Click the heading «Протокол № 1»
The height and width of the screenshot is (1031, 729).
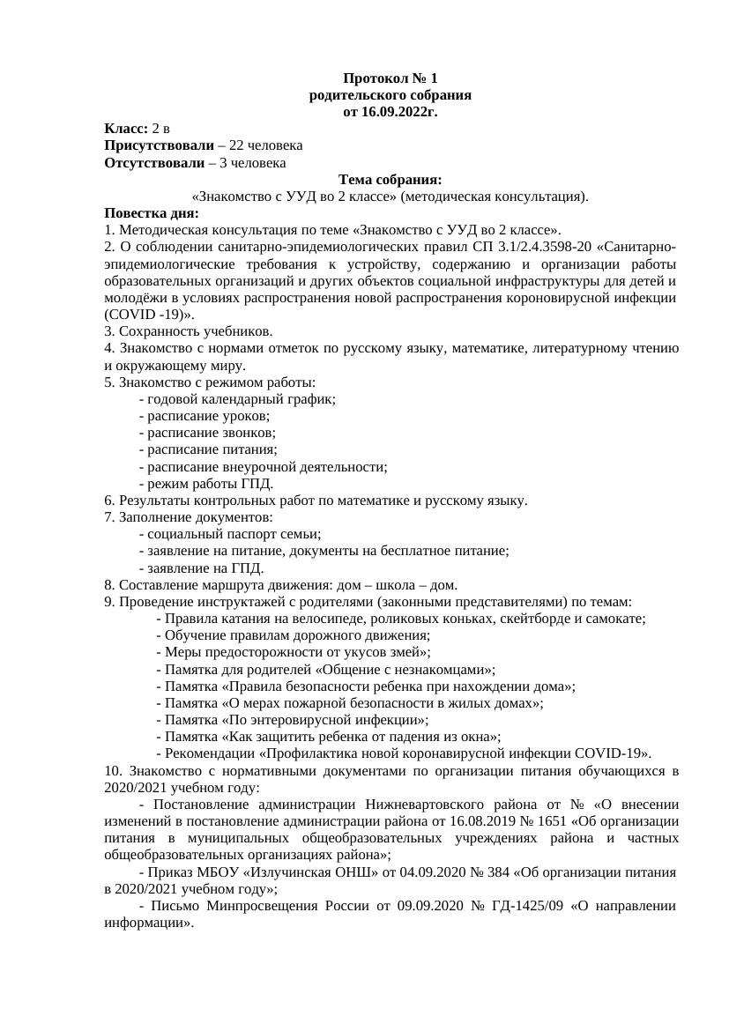tap(391, 79)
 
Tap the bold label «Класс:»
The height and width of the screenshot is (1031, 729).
tap(126, 129)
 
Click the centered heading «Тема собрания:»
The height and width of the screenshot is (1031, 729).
tap(391, 180)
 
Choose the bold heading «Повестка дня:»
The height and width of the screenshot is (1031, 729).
tap(152, 213)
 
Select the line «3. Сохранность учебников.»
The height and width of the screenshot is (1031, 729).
tap(189, 331)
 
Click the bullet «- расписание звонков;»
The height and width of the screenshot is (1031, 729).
tap(207, 433)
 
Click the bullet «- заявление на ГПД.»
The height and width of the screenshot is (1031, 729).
tap(202, 567)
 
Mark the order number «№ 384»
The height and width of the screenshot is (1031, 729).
tap(428, 872)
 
